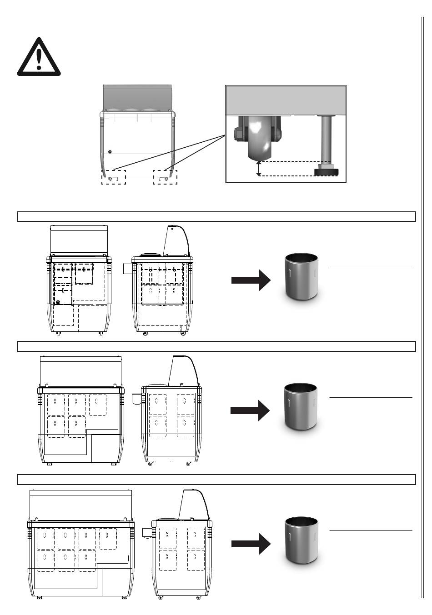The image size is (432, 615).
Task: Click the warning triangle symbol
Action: click(39, 58)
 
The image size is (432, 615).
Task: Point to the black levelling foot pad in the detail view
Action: click(326, 172)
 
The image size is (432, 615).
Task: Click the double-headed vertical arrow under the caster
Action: click(259, 168)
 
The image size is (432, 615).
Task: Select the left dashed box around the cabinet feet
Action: click(113, 177)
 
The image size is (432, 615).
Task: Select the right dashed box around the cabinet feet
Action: click(165, 177)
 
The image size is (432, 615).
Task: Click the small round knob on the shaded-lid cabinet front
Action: click(110, 151)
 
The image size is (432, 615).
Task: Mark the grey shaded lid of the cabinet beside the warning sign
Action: click(137, 96)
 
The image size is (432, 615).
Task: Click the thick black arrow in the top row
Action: click(251, 280)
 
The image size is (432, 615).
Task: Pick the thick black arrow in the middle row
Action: click(250, 410)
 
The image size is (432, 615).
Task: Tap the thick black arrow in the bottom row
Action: click(251, 544)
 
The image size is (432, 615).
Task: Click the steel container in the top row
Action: click(301, 276)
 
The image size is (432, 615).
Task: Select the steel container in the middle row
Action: click(300, 406)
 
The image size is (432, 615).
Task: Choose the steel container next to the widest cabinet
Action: click(301, 540)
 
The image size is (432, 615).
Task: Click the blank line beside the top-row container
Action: click(371, 267)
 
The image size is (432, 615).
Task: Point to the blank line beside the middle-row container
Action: click(371, 397)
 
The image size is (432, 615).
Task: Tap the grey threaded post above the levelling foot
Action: click(326, 139)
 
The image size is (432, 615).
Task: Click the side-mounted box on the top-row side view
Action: click(127, 269)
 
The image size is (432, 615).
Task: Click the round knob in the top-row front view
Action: click(58, 302)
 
